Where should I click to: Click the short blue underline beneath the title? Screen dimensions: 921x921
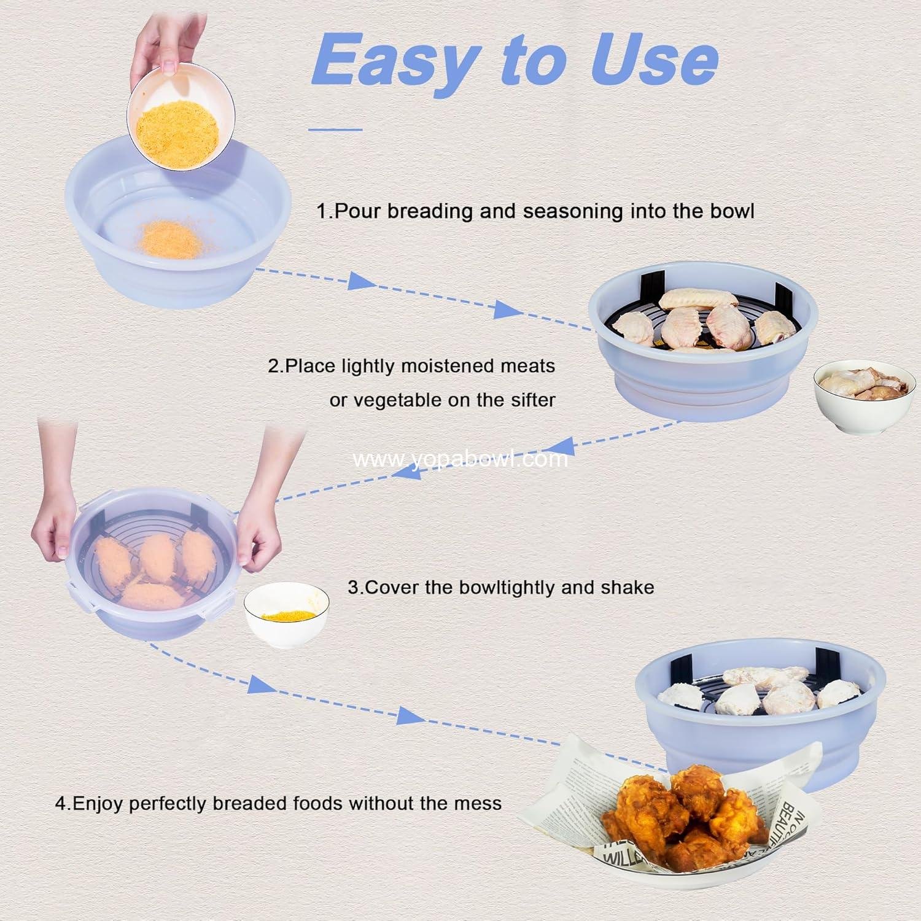[x=335, y=130]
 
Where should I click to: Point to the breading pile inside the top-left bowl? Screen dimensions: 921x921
[x=170, y=239]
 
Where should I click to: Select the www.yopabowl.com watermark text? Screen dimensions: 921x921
[x=460, y=459]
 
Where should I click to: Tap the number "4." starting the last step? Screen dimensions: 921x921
[x=63, y=803]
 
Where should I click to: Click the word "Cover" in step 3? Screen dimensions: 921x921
[x=391, y=588]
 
